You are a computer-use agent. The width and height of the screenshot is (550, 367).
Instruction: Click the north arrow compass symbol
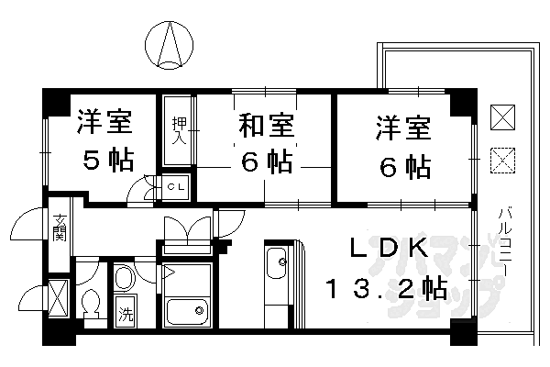click(170, 43)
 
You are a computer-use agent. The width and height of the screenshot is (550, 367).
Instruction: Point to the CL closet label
click(177, 186)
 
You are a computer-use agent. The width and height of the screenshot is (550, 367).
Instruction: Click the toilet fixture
click(91, 303)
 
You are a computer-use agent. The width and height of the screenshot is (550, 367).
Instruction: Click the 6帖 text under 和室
click(267, 163)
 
